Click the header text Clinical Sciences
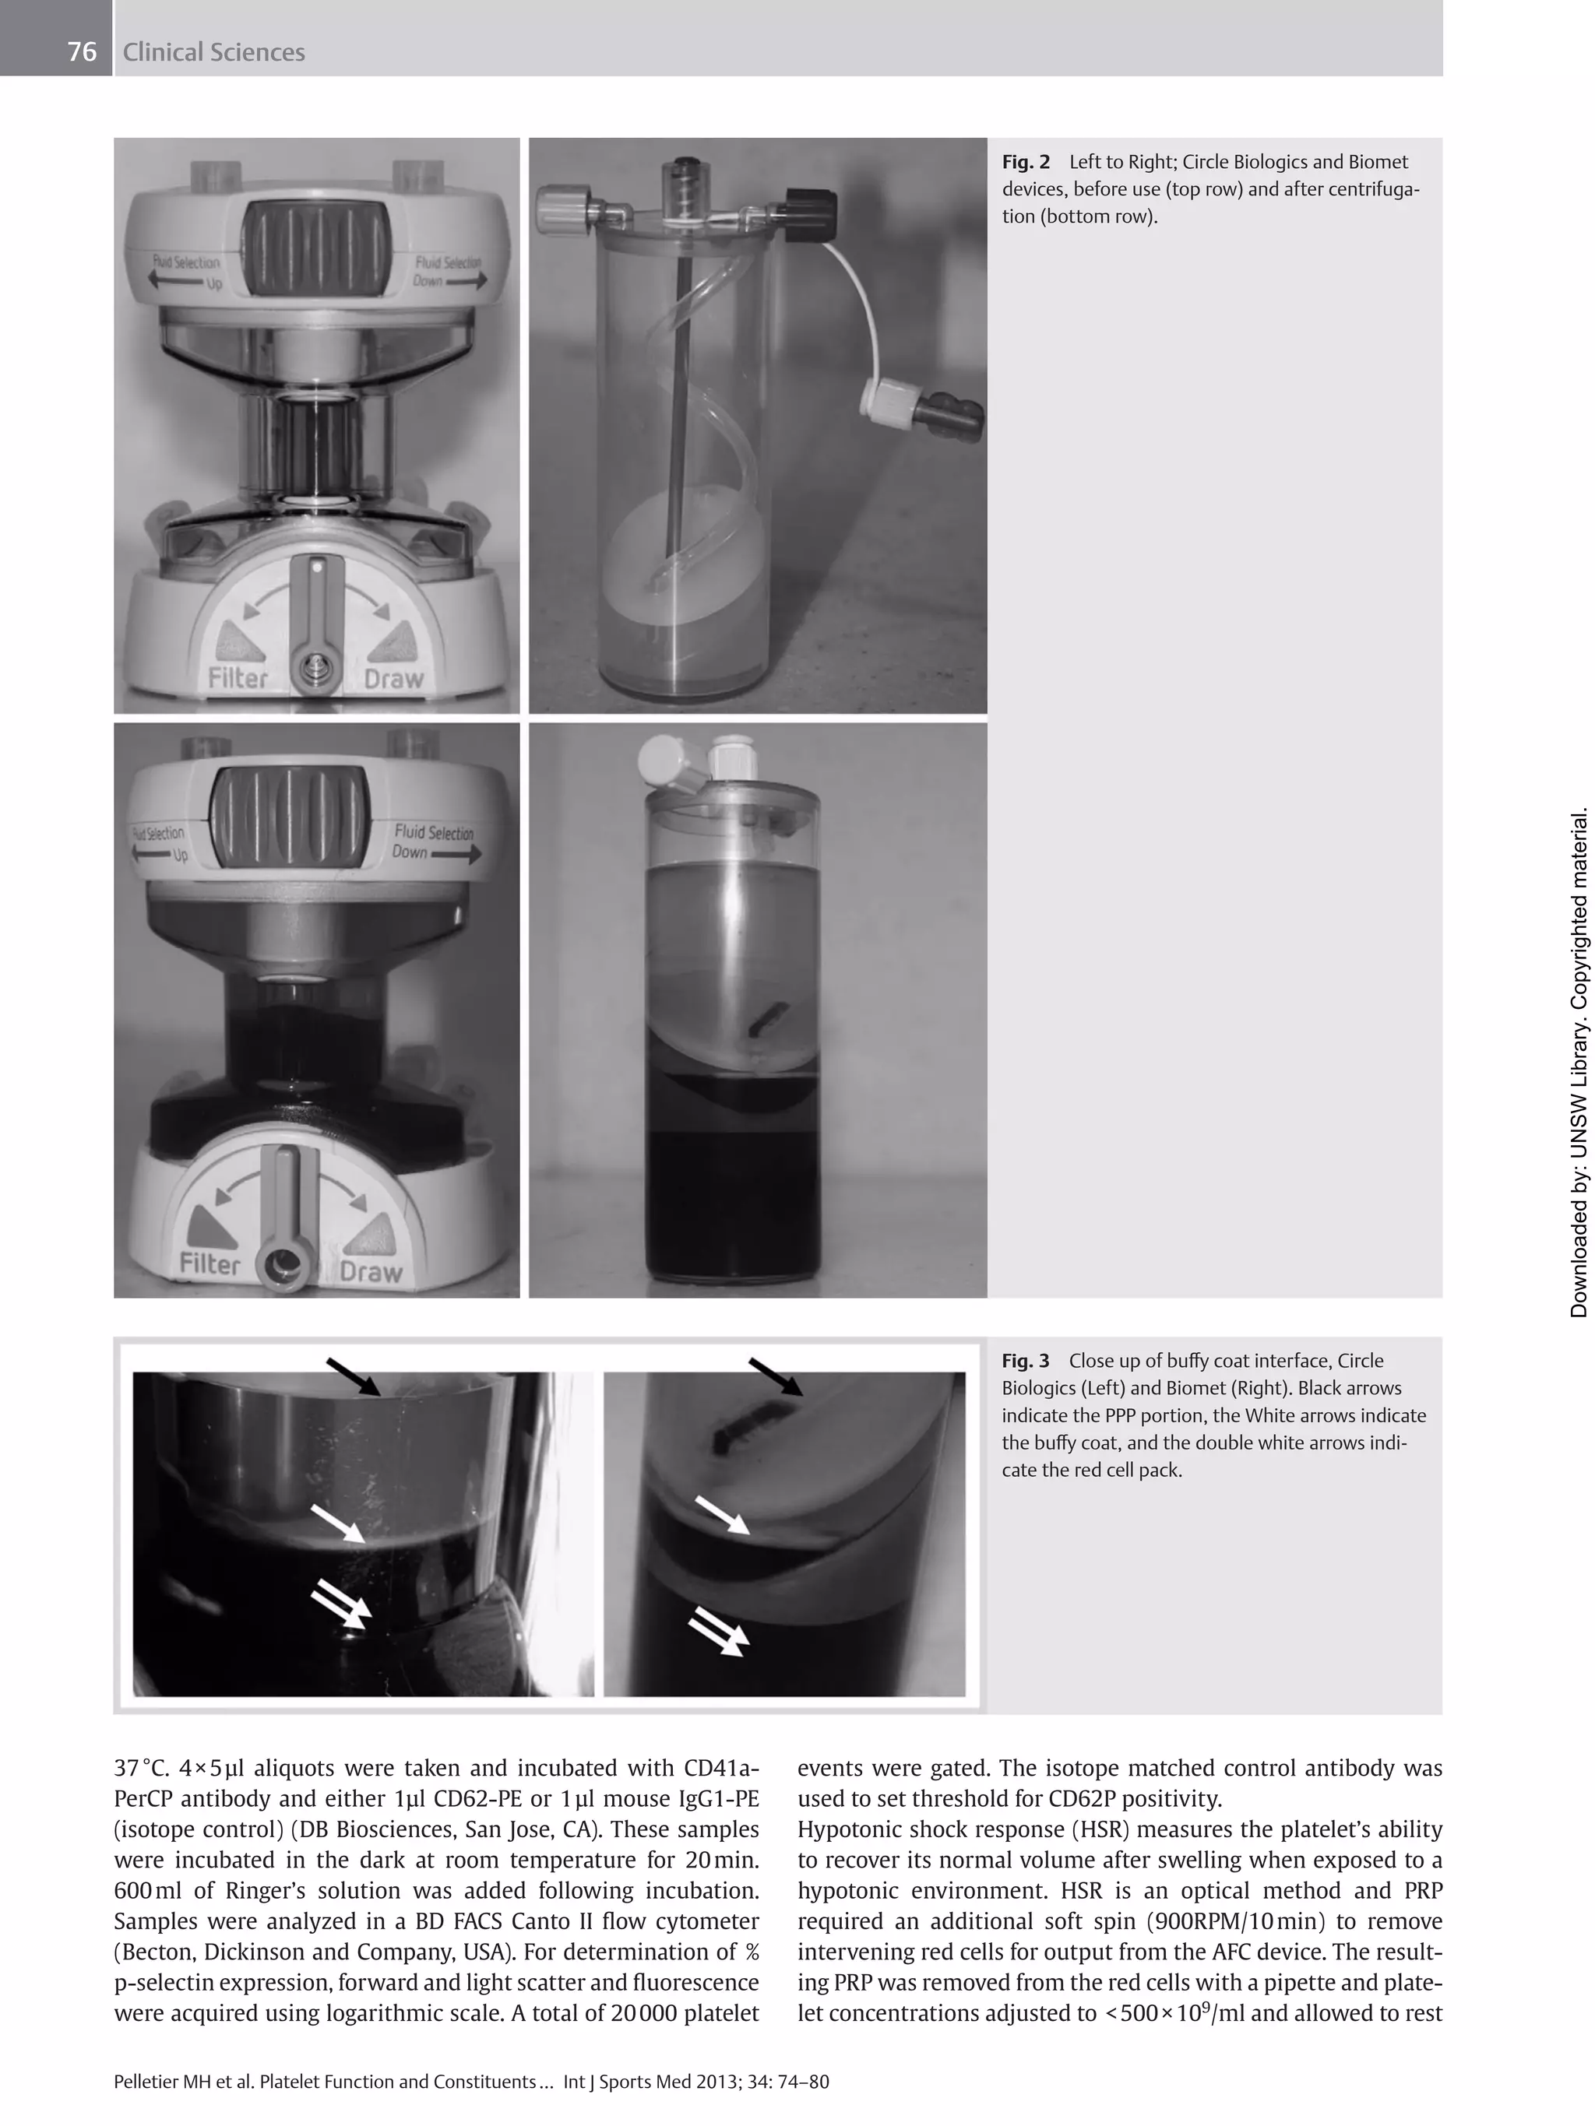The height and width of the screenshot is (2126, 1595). click(213, 52)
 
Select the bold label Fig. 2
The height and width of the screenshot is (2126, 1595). click(1025, 161)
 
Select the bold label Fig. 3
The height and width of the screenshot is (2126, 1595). click(1025, 1360)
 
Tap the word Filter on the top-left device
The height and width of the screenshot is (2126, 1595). click(238, 679)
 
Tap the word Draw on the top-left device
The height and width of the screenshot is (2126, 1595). click(393, 679)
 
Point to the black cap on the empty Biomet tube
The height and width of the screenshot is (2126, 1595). click(797, 203)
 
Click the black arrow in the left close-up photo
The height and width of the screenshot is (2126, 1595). click(353, 1376)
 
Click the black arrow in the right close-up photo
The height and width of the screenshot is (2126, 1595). click(775, 1376)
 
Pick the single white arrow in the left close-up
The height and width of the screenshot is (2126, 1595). click(337, 1524)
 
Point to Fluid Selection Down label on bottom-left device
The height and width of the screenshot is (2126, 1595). click(435, 842)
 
